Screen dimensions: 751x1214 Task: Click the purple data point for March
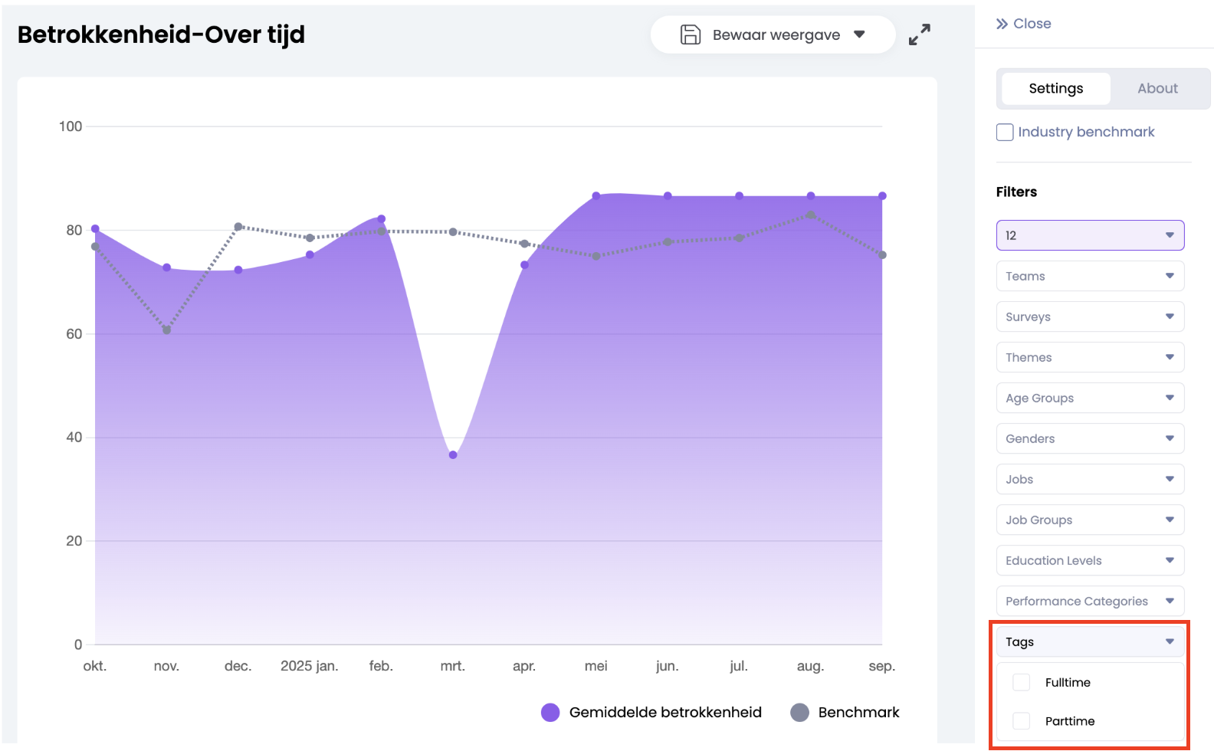[453, 455]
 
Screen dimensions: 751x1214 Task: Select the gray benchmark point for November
[166, 330]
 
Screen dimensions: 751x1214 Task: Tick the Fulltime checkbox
[1022, 682]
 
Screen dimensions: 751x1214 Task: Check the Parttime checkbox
[1022, 721]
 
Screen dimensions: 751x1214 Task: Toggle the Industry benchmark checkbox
[1005, 132]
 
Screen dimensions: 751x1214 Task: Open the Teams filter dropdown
[1090, 276]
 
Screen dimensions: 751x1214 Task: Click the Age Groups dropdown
[1090, 398]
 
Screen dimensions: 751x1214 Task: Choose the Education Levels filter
[1090, 560]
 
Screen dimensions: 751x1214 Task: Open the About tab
[1157, 88]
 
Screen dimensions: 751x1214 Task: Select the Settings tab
[1055, 88]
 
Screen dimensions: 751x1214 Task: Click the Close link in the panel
[1024, 24]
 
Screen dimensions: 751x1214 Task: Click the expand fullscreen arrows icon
[919, 34]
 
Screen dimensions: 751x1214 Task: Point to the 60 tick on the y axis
[74, 334]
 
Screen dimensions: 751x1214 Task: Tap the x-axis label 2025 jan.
[309, 666]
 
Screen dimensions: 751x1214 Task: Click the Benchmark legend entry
[845, 713]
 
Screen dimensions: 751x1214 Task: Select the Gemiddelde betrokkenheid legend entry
[651, 713]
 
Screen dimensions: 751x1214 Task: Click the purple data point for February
[382, 219]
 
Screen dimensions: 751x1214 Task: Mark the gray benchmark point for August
[811, 215]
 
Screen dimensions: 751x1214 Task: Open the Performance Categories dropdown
[1090, 601]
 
